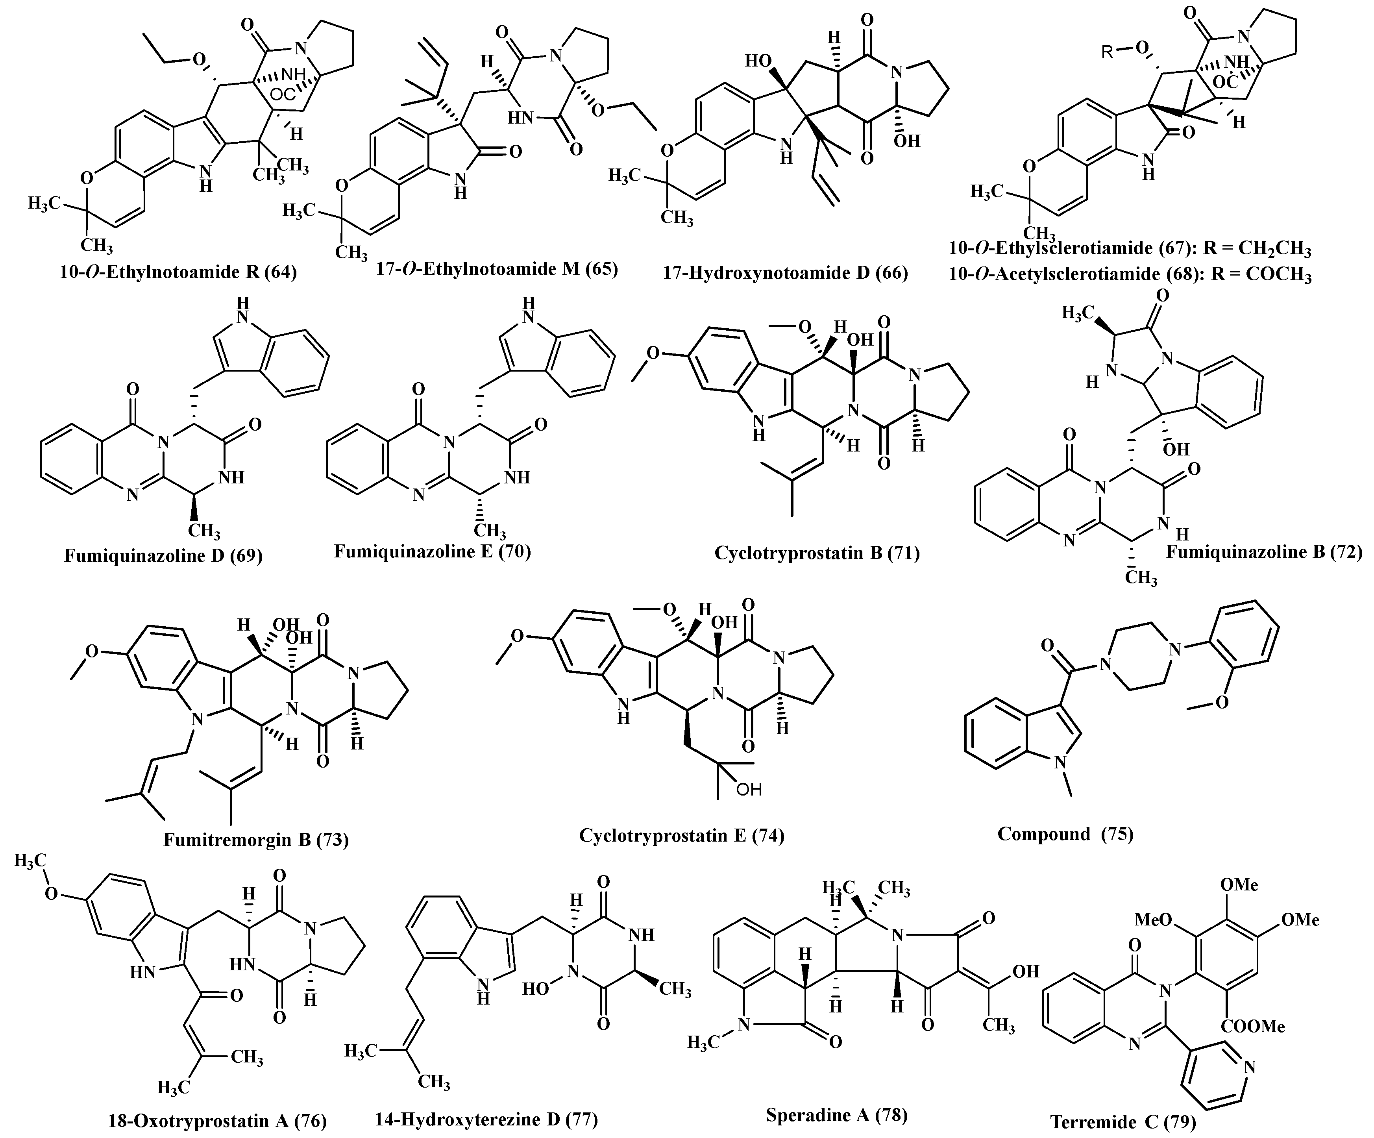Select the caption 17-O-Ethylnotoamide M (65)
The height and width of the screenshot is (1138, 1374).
[497, 268]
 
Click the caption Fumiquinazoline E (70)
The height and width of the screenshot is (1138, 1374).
[433, 551]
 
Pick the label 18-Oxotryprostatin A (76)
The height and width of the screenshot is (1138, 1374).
[217, 1121]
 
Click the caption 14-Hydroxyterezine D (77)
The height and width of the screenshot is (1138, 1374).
[486, 1119]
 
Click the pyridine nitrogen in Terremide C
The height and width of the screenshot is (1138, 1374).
[1250, 1067]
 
